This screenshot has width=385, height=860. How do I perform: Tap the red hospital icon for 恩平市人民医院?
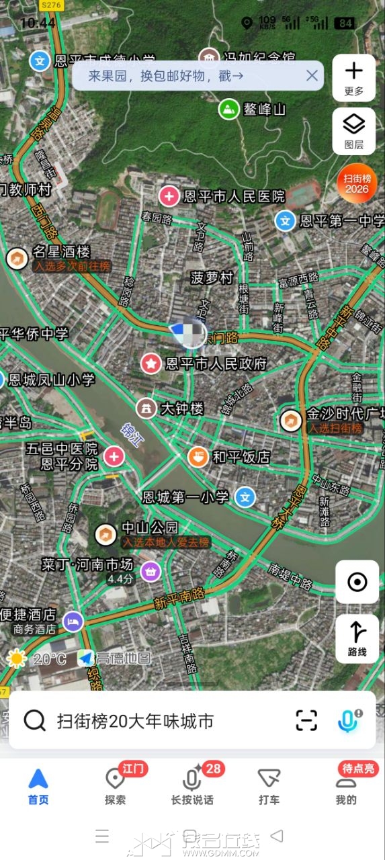[x=169, y=196]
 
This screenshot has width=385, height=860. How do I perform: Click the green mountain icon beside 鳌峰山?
[x=229, y=109]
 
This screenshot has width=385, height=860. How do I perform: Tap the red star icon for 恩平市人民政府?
[x=151, y=363]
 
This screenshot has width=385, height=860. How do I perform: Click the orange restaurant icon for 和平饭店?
[x=198, y=457]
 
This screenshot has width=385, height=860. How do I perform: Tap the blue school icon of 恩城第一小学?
[x=246, y=497]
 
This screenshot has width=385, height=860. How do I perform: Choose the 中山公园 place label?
[x=149, y=527]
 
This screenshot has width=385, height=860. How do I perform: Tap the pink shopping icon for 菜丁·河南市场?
[x=152, y=571]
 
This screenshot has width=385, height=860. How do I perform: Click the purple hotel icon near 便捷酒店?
[x=73, y=621]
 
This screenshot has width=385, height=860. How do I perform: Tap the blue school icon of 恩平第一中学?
[x=286, y=220]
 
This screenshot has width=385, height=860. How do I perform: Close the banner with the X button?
[x=312, y=75]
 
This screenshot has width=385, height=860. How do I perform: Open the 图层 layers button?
[x=354, y=130]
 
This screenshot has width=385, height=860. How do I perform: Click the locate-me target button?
[x=357, y=582]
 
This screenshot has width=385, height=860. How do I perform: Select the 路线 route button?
[x=357, y=638]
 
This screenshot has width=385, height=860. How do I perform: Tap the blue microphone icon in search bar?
[x=347, y=721]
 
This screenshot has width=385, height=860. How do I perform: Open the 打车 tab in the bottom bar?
[x=269, y=786]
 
